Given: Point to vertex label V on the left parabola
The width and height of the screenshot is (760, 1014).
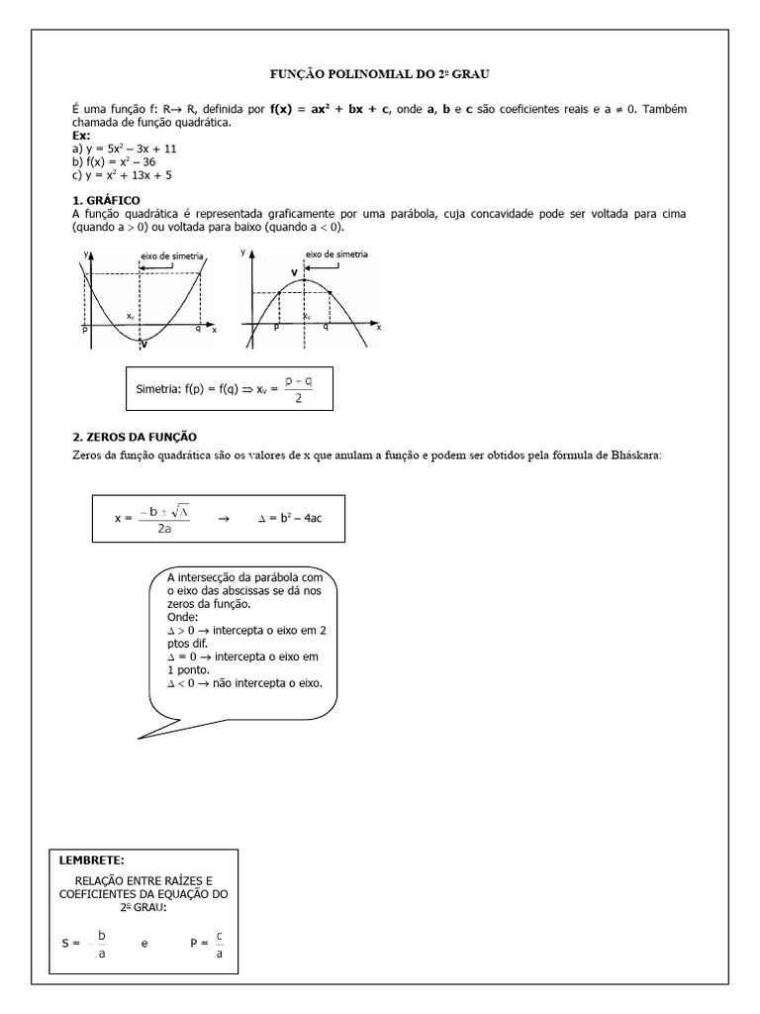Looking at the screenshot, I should click(x=144, y=345).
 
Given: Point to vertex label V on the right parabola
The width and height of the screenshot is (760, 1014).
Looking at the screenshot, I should click(x=294, y=270).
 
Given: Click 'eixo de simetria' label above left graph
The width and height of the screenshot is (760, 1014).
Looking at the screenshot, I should click(x=172, y=255).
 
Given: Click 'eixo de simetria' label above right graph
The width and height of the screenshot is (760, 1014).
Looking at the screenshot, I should click(x=336, y=254).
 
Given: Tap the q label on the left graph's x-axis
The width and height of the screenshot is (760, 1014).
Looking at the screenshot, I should click(x=198, y=328).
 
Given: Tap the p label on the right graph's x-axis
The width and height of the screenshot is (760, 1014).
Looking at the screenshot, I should click(x=276, y=327).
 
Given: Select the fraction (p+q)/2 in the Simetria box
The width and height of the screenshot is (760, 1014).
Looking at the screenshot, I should click(x=297, y=389).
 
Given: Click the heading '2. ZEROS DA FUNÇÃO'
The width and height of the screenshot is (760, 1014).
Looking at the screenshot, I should click(x=135, y=437).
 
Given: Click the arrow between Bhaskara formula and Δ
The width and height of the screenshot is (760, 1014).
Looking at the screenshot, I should click(x=223, y=518).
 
